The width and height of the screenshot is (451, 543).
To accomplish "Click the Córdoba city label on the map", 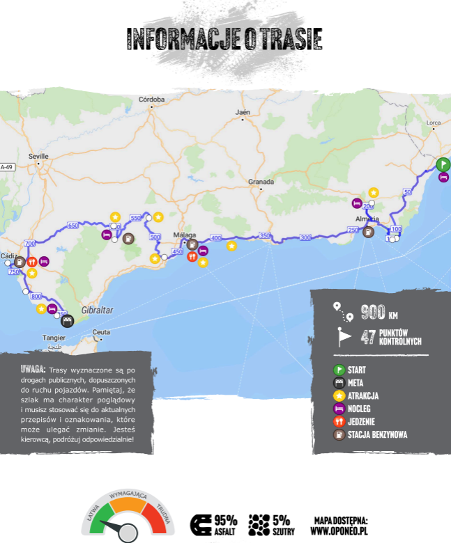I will pos(151,100).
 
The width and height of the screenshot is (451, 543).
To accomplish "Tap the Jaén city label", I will pos(243,112).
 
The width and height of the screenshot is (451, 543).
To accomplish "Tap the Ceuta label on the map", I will pos(101,331).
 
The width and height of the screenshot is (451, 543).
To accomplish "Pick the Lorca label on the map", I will pos(434,123).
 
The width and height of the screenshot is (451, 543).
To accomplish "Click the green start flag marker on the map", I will pos(442,165).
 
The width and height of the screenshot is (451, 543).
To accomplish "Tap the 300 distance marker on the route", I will pos(305,237).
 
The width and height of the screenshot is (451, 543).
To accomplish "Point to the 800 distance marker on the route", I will pos(36,297).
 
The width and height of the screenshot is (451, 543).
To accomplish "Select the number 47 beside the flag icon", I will pos(368,338).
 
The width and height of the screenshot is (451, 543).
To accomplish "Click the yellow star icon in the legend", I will pos(339,395).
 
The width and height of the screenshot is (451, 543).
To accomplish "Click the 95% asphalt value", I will pos(225,519).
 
